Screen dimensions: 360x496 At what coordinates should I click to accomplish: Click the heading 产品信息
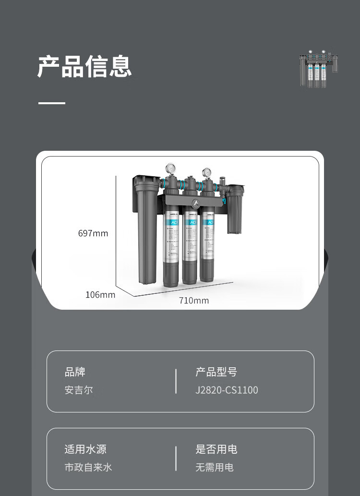click(84, 67)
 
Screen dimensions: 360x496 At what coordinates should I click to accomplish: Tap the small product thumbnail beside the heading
click(319, 69)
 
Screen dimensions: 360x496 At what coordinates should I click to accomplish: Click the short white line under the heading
click(52, 103)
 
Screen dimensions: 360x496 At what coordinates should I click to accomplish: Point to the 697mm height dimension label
click(93, 234)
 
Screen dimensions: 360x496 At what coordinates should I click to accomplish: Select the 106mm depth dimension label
click(100, 295)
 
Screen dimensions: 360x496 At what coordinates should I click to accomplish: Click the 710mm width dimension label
click(194, 301)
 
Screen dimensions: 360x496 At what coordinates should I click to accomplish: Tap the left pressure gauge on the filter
click(171, 169)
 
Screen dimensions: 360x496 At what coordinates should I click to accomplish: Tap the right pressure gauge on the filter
click(207, 172)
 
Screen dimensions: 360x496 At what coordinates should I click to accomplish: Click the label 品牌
click(75, 372)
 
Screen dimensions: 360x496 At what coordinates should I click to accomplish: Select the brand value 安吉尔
click(79, 390)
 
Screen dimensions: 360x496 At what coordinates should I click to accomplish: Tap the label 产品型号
click(216, 372)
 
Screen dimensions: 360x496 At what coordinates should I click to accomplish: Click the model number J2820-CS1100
click(227, 390)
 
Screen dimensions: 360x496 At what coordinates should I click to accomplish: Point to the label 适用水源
click(85, 449)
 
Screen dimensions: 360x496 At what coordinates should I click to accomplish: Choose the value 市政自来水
click(88, 467)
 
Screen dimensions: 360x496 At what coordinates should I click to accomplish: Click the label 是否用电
click(216, 449)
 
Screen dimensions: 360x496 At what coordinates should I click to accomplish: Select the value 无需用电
click(214, 467)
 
